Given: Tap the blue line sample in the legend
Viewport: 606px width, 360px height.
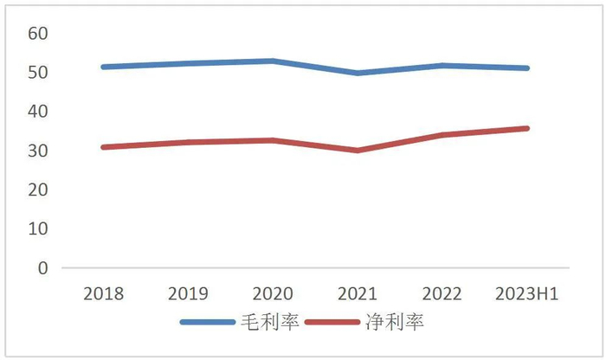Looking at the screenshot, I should [x=208, y=323].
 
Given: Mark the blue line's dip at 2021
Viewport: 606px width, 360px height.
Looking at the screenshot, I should [x=357, y=73].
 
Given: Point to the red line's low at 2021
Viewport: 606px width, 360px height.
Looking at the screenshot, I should [x=357, y=150].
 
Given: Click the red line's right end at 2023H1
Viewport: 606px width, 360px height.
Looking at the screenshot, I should [x=525, y=128].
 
